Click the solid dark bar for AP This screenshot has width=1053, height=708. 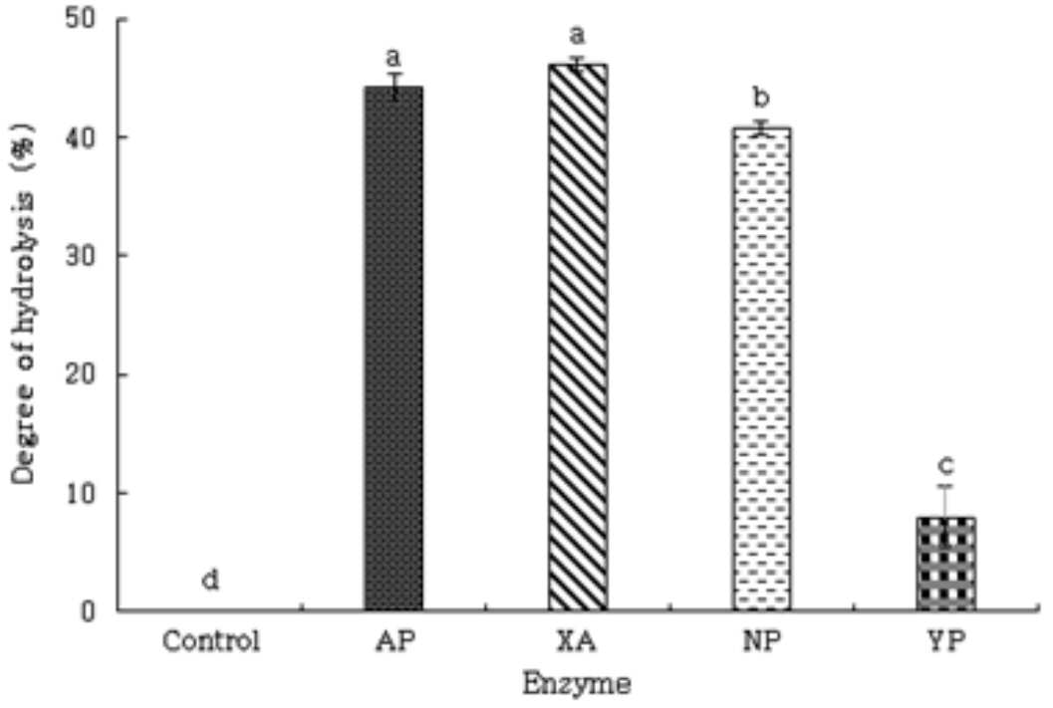pyautogui.click(x=394, y=349)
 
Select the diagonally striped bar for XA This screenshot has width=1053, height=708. pyautogui.click(x=578, y=337)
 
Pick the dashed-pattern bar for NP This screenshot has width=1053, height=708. pyautogui.click(x=761, y=368)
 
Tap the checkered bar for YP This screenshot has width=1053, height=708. pyautogui.click(x=945, y=564)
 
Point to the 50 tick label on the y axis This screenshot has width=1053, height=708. pyautogui.click(x=82, y=18)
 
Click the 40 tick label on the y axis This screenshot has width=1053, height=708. pyautogui.click(x=82, y=136)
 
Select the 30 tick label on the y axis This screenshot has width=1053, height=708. pyautogui.click(x=82, y=256)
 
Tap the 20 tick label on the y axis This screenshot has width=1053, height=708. pyautogui.click(x=82, y=374)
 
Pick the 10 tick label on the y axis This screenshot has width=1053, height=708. pyautogui.click(x=82, y=493)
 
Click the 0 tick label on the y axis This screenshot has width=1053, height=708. pyautogui.click(x=90, y=611)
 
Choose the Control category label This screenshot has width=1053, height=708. pyautogui.click(x=211, y=641)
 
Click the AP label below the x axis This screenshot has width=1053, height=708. pyautogui.click(x=395, y=641)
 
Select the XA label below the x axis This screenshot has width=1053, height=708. pyautogui.click(x=578, y=641)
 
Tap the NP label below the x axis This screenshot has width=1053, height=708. pyautogui.click(x=762, y=641)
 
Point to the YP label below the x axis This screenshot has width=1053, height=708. pyautogui.click(x=946, y=641)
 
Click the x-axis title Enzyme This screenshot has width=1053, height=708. pyautogui.click(x=578, y=684)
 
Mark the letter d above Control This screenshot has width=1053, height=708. pyautogui.click(x=211, y=580)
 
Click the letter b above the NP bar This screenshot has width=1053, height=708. pyautogui.click(x=761, y=98)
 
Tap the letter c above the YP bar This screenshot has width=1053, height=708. pyautogui.click(x=945, y=464)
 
